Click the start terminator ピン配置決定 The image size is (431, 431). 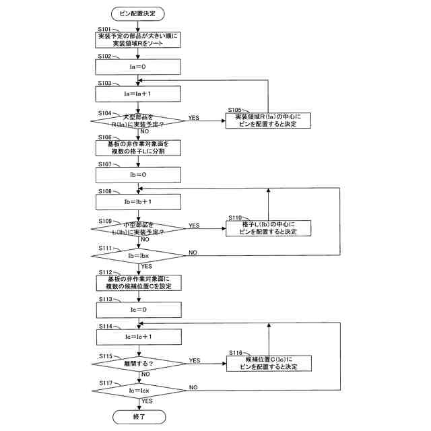point(139,13)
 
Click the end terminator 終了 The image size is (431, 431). point(139,417)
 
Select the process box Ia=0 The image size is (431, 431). point(139,67)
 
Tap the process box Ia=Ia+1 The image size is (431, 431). point(139,94)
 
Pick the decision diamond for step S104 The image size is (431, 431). point(139,121)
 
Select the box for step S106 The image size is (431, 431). point(139,147)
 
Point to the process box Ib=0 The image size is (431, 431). point(139,174)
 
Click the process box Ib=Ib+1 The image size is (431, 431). point(139,201)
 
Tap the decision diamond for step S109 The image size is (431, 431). point(139,229)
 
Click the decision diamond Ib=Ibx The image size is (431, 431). point(139,256)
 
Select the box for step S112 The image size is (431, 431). point(139,282)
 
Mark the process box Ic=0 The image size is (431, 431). point(139,309)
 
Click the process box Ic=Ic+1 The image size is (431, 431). point(139,336)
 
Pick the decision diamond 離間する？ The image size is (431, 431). point(139,364)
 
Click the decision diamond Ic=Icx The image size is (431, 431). point(139,391)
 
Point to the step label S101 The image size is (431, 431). point(105,30)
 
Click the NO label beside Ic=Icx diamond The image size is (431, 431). point(193,387)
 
